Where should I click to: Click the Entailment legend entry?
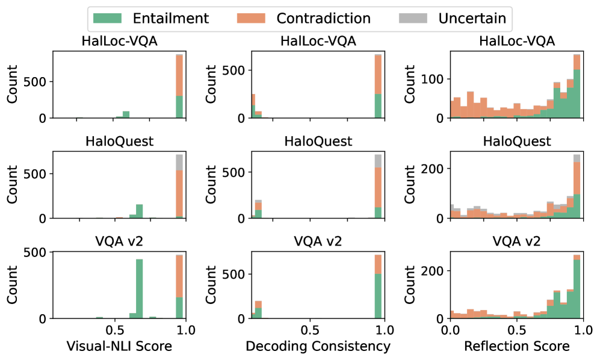(x=151, y=19)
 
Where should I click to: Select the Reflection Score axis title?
(x=517, y=347)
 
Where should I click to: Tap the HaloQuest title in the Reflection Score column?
(x=517, y=142)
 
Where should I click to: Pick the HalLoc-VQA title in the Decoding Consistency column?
(x=318, y=42)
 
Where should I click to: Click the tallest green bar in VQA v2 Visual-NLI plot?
(x=139, y=289)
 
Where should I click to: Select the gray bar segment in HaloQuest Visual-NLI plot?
(x=179, y=163)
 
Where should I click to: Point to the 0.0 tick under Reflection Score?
(x=450, y=330)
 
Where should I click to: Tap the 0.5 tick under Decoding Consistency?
(x=310, y=330)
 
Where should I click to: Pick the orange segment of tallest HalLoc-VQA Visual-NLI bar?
(x=179, y=75)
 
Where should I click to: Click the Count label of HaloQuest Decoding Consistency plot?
(x=212, y=185)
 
